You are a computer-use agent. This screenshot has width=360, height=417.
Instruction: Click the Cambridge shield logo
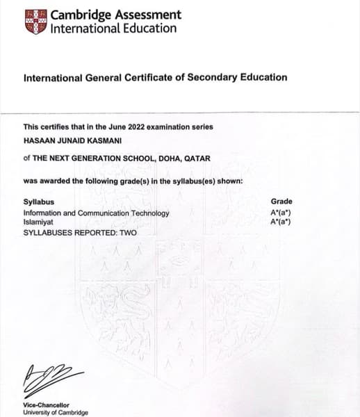click(36, 22)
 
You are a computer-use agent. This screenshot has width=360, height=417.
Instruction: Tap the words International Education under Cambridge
click(113, 29)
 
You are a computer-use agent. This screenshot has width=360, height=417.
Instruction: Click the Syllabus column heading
click(37, 202)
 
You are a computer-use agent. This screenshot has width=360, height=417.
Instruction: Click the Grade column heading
click(281, 201)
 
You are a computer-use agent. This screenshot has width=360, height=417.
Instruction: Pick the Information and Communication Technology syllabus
click(96, 213)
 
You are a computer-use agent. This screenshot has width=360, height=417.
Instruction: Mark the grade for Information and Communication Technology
click(280, 213)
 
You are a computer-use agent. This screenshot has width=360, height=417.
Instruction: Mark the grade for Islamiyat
click(280, 222)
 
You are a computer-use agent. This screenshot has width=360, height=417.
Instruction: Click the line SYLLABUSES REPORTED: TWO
click(80, 231)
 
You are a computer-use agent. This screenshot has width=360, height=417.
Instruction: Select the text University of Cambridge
click(56, 412)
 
